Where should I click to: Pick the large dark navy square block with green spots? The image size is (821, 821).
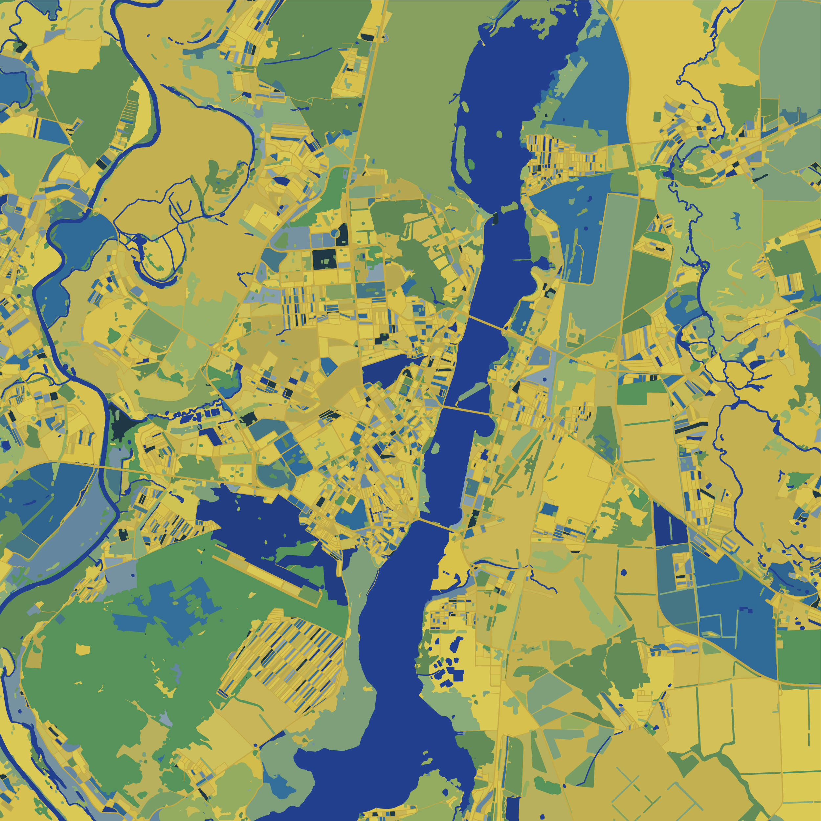tap(324, 259)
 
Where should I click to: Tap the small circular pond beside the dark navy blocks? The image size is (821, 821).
tap(335, 233)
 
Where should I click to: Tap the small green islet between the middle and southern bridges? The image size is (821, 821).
tap(435, 447)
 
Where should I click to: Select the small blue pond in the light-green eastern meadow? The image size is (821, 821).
tap(734, 219)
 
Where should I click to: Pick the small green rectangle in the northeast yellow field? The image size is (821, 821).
tap(657, 117)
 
